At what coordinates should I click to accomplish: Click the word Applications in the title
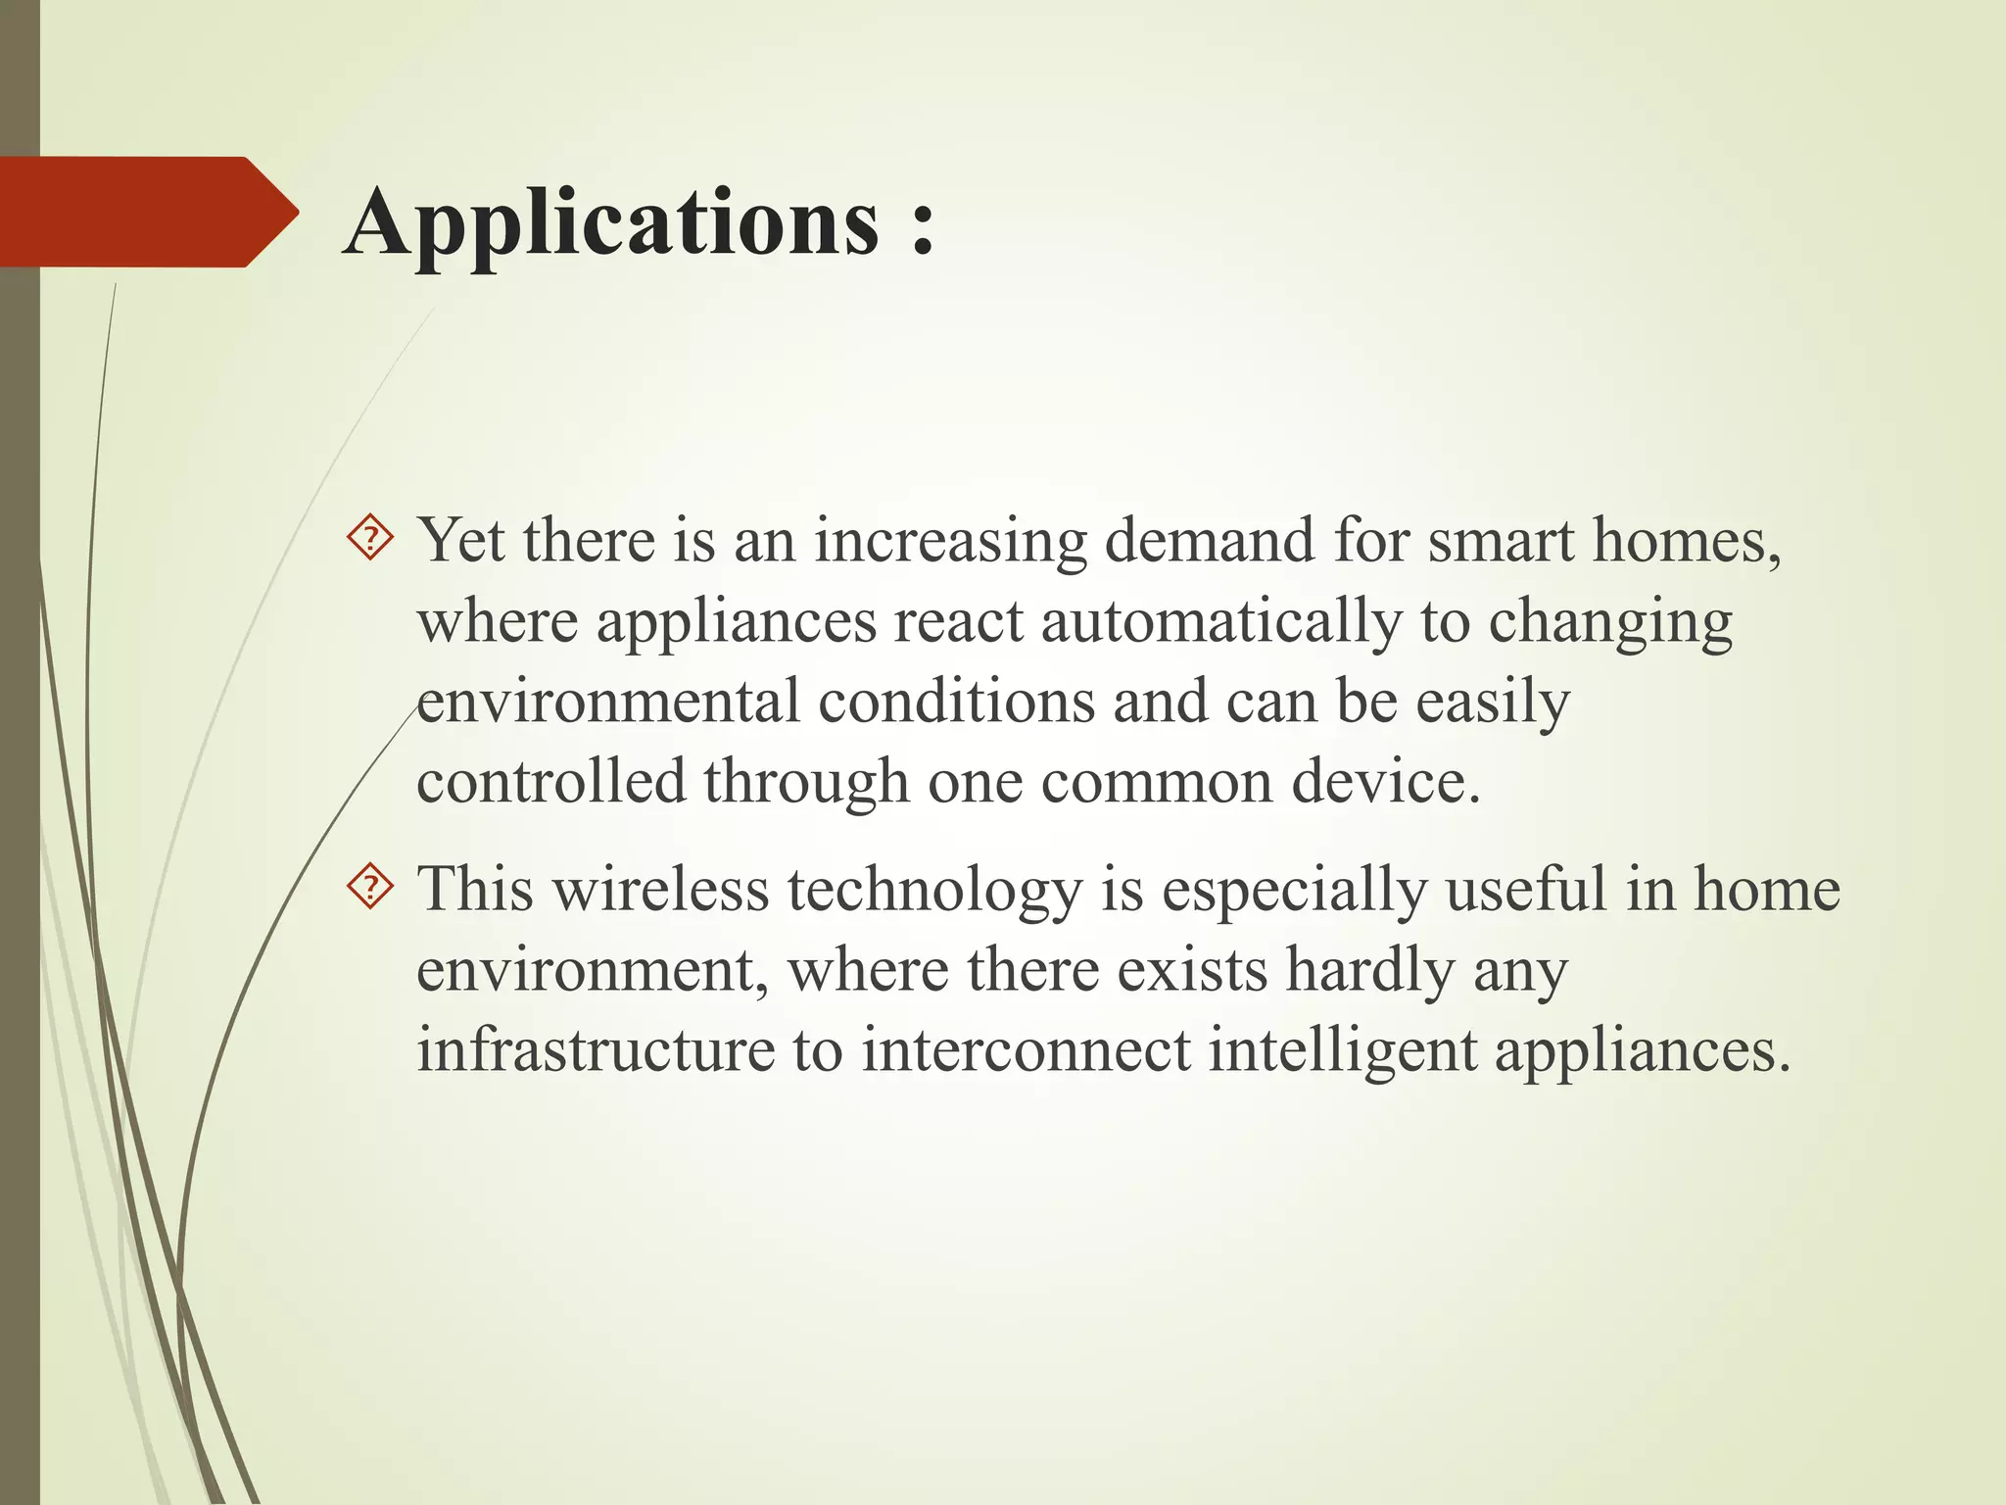point(612,223)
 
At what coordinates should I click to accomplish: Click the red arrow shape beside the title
point(147,212)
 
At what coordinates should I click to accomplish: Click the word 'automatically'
point(1220,622)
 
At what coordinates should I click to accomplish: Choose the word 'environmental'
point(608,703)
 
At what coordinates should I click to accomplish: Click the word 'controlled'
point(550,782)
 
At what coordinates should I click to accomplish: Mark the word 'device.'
point(1385,782)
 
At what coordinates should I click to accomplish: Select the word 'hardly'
point(1370,971)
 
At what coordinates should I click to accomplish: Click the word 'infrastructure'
point(596,1049)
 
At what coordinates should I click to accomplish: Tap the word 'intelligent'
point(1342,1051)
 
